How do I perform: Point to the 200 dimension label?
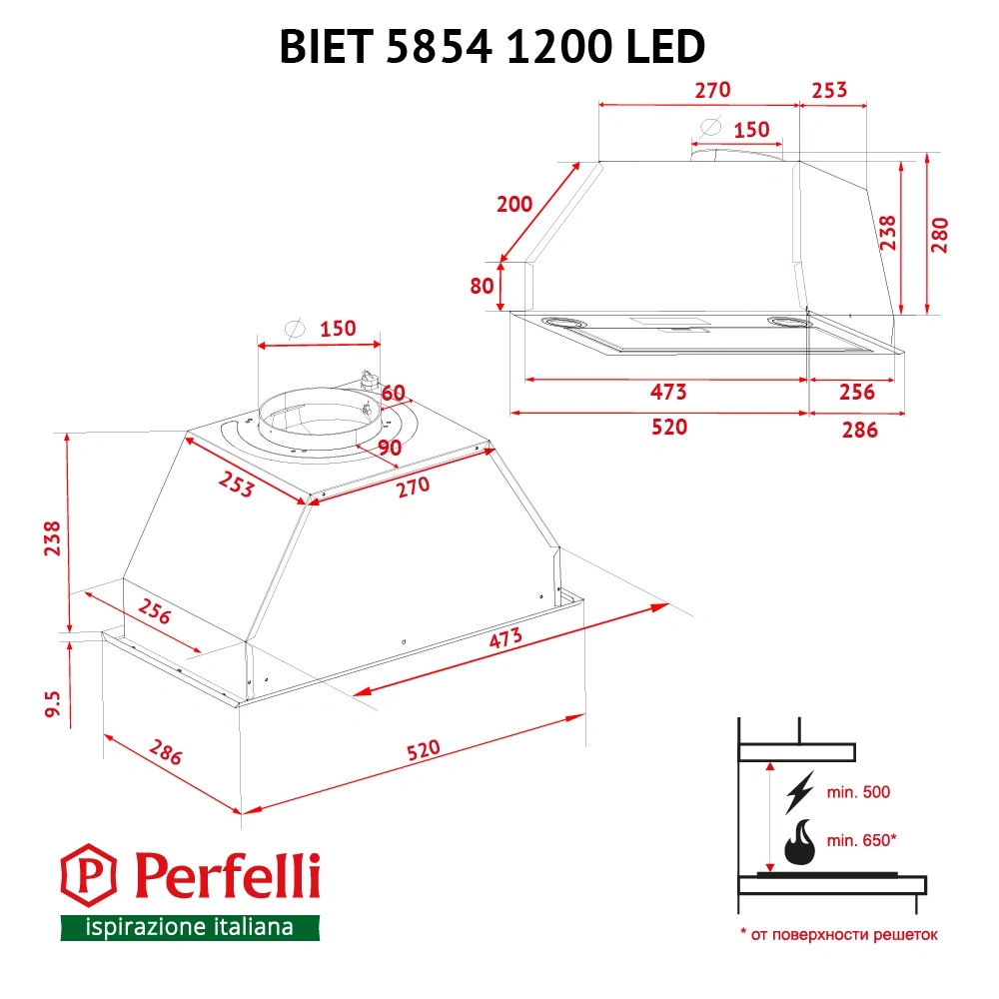[514, 204]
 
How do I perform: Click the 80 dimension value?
[482, 285]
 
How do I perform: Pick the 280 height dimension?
[939, 236]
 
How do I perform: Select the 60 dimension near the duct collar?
[393, 391]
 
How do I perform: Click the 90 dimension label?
[390, 448]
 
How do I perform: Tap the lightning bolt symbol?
[800, 792]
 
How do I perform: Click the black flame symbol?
[800, 844]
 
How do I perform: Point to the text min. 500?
[858, 792]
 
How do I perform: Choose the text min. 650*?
[861, 840]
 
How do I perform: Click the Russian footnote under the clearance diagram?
[839, 935]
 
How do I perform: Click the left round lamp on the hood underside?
[564, 322]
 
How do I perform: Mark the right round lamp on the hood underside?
[788, 322]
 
